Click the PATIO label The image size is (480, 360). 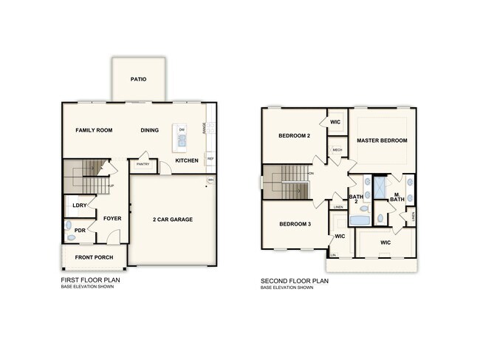[138, 79]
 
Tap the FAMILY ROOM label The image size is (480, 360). [94, 130]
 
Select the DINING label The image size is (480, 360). [150, 130]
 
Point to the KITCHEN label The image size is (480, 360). [186, 160]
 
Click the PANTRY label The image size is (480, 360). [143, 165]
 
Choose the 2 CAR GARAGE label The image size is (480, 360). [174, 220]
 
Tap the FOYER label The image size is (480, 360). [112, 219]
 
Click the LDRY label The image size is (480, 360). [79, 206]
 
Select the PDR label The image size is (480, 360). [80, 230]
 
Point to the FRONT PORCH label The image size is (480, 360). [93, 257]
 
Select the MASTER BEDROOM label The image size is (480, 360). [382, 140]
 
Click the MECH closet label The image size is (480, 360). [337, 150]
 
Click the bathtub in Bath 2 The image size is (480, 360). [360, 220]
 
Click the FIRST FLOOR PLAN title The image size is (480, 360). [90, 281]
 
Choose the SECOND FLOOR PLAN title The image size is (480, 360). [295, 281]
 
